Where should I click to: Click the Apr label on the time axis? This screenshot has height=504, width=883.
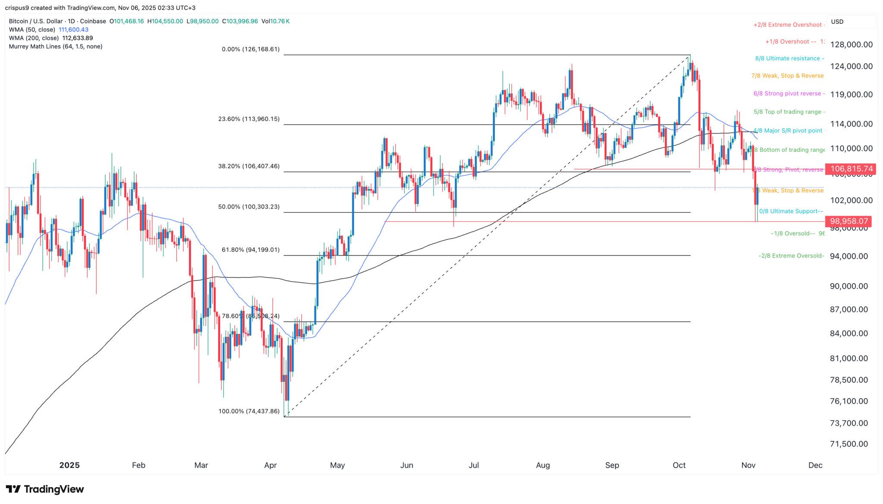coord(270,465)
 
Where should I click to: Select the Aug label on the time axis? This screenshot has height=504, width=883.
coord(543,465)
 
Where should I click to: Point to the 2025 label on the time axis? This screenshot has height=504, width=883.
coord(69,465)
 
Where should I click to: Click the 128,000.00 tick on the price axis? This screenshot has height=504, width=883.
coord(848,44)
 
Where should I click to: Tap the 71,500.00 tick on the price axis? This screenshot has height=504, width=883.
coord(848,444)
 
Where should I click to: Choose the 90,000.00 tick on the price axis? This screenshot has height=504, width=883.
coord(848,286)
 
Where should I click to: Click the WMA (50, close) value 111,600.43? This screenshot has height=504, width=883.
coord(74,30)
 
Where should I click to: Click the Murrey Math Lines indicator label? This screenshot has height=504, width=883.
coord(56,46)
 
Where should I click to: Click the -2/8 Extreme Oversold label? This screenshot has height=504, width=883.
coord(791,256)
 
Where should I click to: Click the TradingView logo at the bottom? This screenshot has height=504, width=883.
coord(45,489)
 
